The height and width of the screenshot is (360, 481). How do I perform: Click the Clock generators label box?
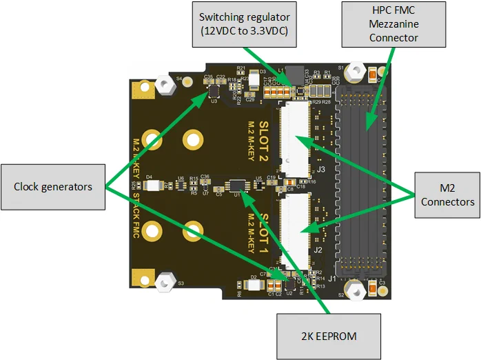(x=53, y=187)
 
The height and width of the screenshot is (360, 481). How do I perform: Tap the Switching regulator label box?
(x=244, y=23)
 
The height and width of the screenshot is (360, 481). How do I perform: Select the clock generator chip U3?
(x=214, y=90)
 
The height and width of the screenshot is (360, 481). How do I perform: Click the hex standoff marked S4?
(x=165, y=84)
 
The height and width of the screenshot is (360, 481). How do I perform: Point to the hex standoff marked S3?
(x=165, y=281)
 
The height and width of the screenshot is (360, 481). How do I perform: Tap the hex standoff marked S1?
(x=356, y=72)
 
